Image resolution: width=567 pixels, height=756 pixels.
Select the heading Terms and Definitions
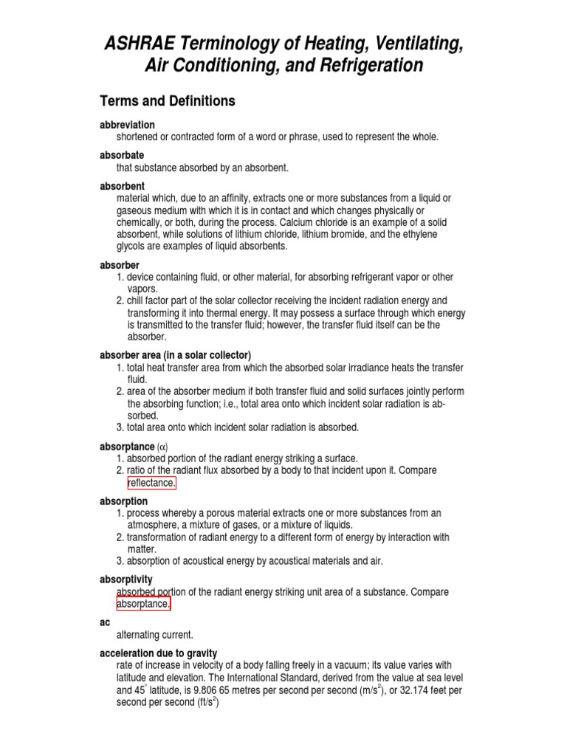pyautogui.click(x=167, y=101)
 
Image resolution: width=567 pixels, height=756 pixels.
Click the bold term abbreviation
pyautogui.click(x=127, y=125)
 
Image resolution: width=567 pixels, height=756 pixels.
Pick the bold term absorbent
pyautogui.click(x=122, y=186)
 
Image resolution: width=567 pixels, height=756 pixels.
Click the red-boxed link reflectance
pyautogui.click(x=152, y=483)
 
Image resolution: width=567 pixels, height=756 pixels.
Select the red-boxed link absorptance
pyautogui.click(x=143, y=605)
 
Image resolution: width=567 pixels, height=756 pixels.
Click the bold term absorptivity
pyautogui.click(x=126, y=580)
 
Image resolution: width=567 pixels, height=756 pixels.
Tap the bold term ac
pyautogui.click(x=104, y=622)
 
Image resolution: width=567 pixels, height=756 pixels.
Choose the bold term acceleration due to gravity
pyautogui.click(x=158, y=653)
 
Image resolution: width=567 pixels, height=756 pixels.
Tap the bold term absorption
pyautogui.click(x=123, y=501)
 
